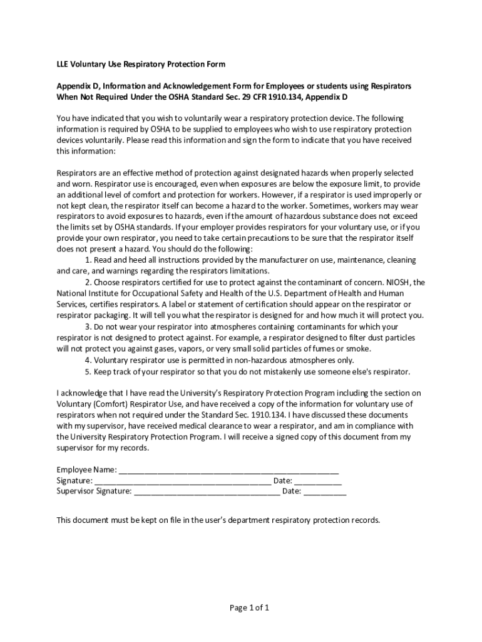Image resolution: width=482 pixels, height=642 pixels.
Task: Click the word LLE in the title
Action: click(x=63, y=65)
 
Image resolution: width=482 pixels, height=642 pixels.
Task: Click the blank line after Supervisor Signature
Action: click(x=207, y=492)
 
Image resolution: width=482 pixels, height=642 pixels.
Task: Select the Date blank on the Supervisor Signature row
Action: click(x=325, y=492)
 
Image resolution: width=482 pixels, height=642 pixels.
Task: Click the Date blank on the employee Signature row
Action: click(x=318, y=481)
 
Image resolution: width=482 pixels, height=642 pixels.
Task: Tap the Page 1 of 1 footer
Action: click(x=241, y=608)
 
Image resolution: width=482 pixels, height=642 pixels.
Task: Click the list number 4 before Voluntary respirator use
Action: click(x=87, y=360)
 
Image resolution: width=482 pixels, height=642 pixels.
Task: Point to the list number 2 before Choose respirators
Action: click(x=87, y=283)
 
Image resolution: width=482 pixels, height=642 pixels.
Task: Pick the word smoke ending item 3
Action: click(x=360, y=349)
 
